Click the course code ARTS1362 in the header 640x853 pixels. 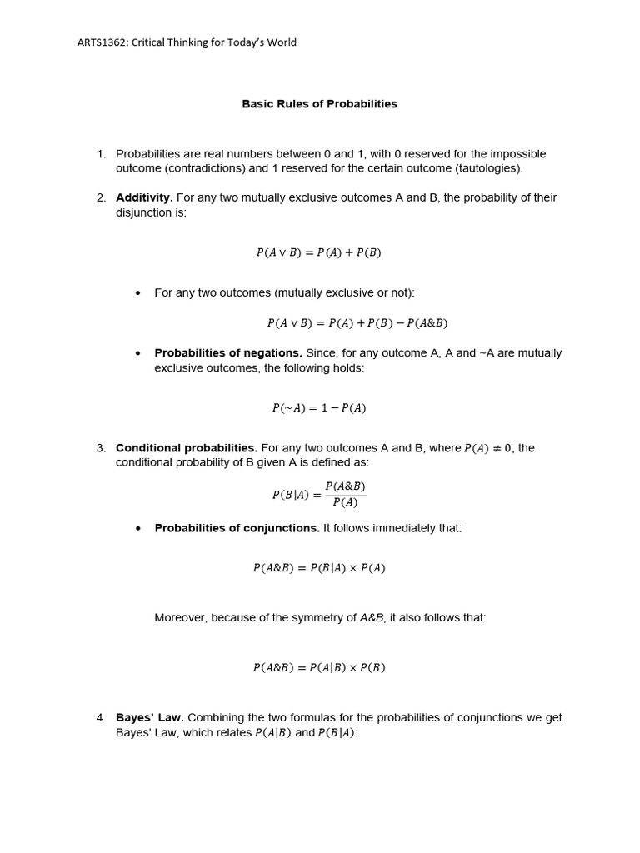(103, 42)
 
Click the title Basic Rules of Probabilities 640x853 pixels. (319, 104)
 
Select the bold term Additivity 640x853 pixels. (144, 197)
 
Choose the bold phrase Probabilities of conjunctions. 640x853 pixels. (237, 528)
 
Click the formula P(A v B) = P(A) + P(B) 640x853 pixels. (318, 252)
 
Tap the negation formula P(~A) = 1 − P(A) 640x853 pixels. (318, 408)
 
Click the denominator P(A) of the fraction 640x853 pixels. (345, 502)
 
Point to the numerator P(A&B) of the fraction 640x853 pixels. (345, 486)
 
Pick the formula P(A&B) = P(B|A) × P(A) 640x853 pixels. (318, 568)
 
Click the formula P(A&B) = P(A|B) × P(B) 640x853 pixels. (318, 667)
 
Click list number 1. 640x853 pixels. (101, 154)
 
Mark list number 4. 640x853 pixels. (101, 717)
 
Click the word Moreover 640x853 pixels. (180, 618)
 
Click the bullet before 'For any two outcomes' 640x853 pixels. (138, 293)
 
